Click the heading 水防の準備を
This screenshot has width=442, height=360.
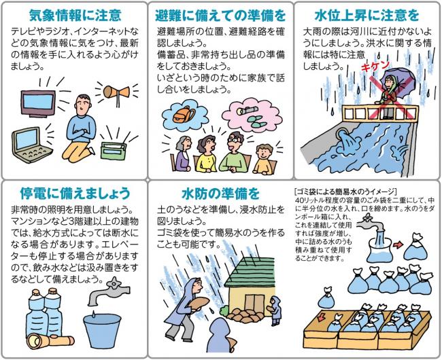tap(221, 194)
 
